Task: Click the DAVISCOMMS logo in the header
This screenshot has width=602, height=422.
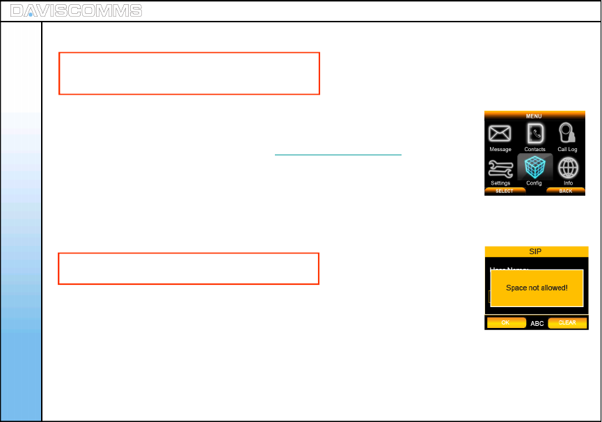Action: pyautogui.click(x=77, y=10)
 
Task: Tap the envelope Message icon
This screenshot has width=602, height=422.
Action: pyautogui.click(x=500, y=134)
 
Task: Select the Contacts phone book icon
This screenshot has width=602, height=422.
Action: pyautogui.click(x=534, y=132)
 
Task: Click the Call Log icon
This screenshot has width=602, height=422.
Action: pyautogui.click(x=567, y=132)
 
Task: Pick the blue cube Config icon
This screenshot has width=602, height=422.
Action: pyautogui.click(x=534, y=167)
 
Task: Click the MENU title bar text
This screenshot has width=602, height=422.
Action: pyautogui.click(x=534, y=116)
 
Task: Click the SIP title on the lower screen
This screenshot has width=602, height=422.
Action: pyautogui.click(x=536, y=251)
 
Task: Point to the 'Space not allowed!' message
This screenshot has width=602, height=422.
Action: pyautogui.click(x=537, y=288)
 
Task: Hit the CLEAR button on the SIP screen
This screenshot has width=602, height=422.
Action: pyautogui.click(x=567, y=323)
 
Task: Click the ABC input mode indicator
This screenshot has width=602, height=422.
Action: pyautogui.click(x=537, y=324)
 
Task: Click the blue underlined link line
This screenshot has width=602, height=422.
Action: pyautogui.click(x=338, y=154)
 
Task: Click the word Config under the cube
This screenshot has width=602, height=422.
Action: pyautogui.click(x=534, y=183)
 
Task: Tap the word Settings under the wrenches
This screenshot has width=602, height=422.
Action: pyautogui.click(x=500, y=183)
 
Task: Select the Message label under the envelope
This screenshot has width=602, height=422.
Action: pyautogui.click(x=500, y=150)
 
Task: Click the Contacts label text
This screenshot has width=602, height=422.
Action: pyautogui.click(x=534, y=150)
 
